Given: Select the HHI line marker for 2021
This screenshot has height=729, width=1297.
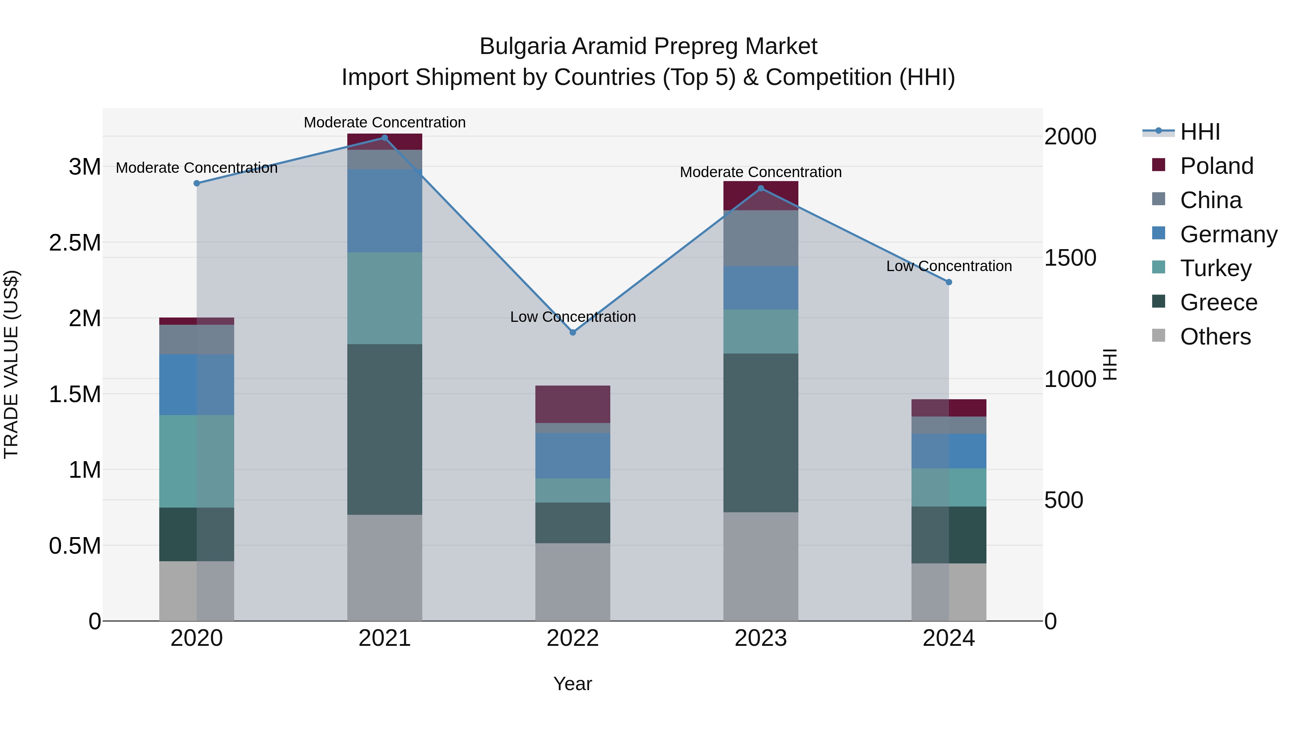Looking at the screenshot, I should (385, 138).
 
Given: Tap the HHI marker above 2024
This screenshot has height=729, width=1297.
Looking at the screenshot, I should (949, 282).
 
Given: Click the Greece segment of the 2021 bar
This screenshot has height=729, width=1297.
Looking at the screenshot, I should (385, 429).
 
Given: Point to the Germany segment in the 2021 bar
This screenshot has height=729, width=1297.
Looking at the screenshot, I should (385, 211).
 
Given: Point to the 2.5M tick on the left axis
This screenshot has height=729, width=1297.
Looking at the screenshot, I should (75, 243).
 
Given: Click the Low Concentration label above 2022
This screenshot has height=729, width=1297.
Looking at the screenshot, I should (572, 317).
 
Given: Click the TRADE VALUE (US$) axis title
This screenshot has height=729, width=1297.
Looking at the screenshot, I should (11, 364).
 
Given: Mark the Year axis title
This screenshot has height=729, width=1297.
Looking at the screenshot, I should (572, 684).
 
